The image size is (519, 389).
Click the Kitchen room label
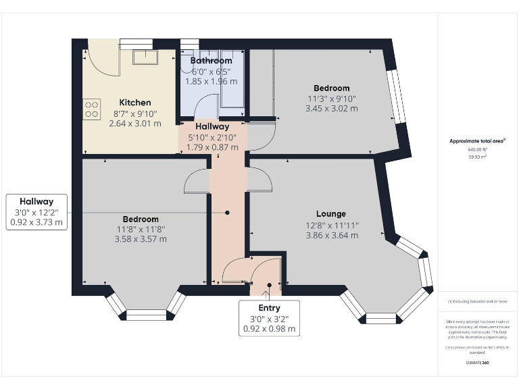coord(135,103)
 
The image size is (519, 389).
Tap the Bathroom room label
coord(212,61)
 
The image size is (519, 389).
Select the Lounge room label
coord(330,214)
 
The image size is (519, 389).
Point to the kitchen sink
coord(144,56)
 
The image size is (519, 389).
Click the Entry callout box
coord(269,319)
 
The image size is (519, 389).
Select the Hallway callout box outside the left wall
coord(36,212)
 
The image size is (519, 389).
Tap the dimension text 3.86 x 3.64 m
coord(330,236)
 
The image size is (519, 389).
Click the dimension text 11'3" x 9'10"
coord(331,98)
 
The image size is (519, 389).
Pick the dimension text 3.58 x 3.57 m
coord(141,239)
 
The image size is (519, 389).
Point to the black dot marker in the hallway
coord(227,213)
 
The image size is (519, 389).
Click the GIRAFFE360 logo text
coord(478,363)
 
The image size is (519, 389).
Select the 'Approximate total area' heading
coord(478,141)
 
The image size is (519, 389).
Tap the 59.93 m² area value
coord(478,156)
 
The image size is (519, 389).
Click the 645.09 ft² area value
coord(478,149)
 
